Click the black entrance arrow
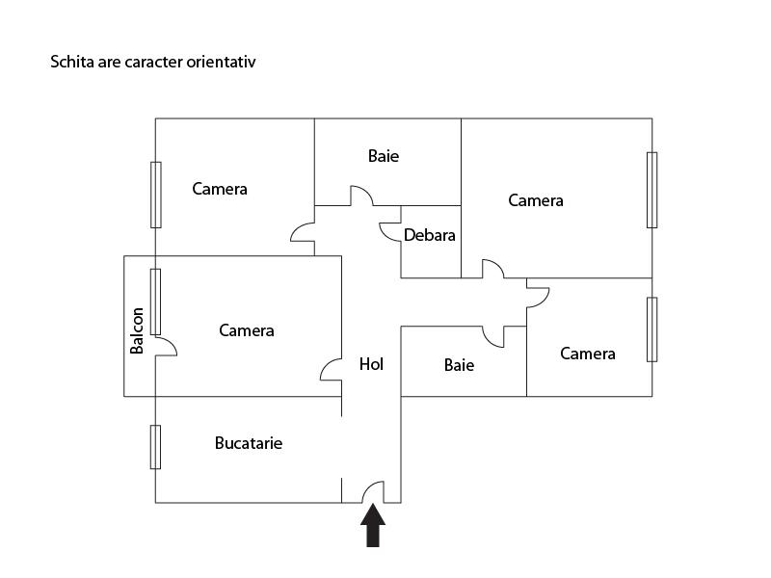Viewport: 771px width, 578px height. coord(373,525)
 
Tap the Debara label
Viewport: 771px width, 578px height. coord(429,235)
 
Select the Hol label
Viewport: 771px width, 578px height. coord(371,364)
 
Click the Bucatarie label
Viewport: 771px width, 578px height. coord(249,443)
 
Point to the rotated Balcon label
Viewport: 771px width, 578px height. coord(137,330)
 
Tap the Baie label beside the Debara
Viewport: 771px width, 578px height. coord(384,156)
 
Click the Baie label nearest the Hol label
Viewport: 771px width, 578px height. coord(460,365)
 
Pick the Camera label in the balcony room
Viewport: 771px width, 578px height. coord(247,330)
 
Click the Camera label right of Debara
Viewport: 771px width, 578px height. coord(536,200)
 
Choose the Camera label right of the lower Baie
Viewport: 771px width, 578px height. coord(588,354)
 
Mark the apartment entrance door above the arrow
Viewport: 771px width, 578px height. coord(374,491)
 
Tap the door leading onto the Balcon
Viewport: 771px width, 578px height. coord(166,345)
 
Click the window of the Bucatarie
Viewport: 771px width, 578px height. coord(155,447)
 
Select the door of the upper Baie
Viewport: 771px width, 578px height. coord(361,196)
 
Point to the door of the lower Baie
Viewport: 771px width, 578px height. coord(493,336)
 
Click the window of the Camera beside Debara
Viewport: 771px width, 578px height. coord(652,190)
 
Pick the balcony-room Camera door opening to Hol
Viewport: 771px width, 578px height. coord(331,370)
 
